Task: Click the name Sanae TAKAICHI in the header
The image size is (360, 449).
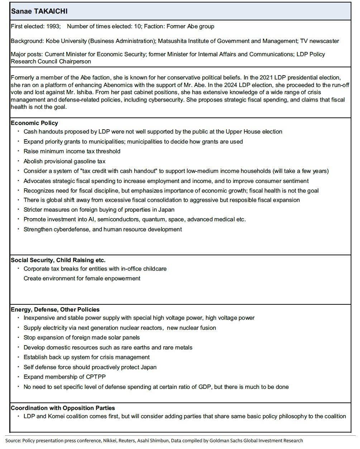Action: tap(39, 11)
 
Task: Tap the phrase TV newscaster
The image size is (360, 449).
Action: tap(320, 41)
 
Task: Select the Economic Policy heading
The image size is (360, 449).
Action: tap(34, 123)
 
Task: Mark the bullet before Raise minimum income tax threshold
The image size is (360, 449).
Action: tap(19, 151)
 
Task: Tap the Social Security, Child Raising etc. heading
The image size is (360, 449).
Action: tap(58, 260)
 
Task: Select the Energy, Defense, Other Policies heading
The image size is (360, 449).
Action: tap(55, 310)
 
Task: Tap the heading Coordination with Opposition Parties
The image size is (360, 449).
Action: tap(63, 408)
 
